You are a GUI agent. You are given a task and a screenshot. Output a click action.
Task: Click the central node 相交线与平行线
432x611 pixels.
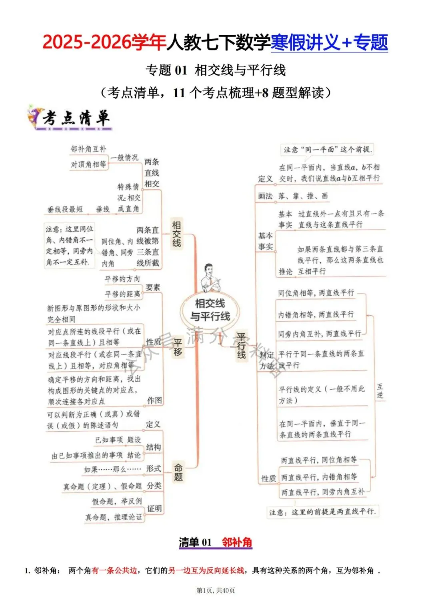210,310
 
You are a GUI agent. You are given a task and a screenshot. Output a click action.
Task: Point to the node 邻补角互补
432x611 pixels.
88,149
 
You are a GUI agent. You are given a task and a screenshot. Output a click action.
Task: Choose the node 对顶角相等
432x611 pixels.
88,164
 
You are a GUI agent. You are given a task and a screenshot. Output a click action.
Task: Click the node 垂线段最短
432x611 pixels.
65,209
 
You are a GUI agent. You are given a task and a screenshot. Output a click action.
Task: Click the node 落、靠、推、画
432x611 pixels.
303,196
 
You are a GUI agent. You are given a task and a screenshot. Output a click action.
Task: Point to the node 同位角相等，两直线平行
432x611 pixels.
316,293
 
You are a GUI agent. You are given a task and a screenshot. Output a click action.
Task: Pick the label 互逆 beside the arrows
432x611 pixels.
380,391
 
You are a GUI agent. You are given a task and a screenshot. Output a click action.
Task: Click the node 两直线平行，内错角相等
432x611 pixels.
319,477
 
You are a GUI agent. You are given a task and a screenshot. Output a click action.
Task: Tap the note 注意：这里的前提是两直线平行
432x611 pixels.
322,512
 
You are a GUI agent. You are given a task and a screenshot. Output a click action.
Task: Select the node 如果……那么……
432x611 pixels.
113,469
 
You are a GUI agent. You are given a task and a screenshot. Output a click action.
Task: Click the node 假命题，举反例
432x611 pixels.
117,501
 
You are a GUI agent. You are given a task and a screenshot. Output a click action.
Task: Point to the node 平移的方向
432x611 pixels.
122,279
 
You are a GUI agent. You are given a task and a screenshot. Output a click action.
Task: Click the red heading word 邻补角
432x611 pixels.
237,542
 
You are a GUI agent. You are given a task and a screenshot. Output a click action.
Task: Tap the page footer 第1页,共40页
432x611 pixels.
216,591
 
